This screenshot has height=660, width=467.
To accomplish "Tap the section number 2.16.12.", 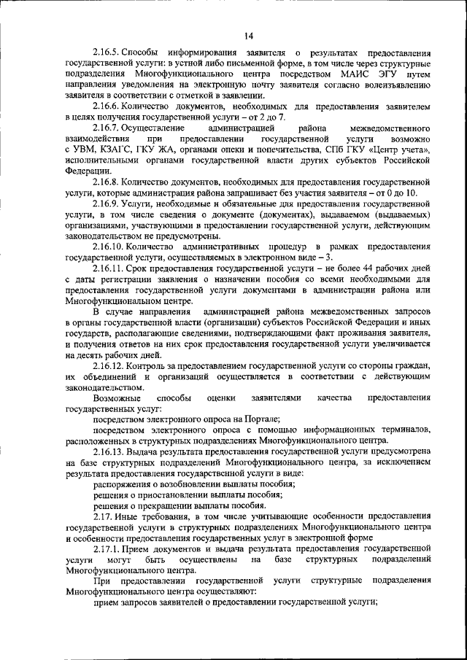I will coord(109,365).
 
